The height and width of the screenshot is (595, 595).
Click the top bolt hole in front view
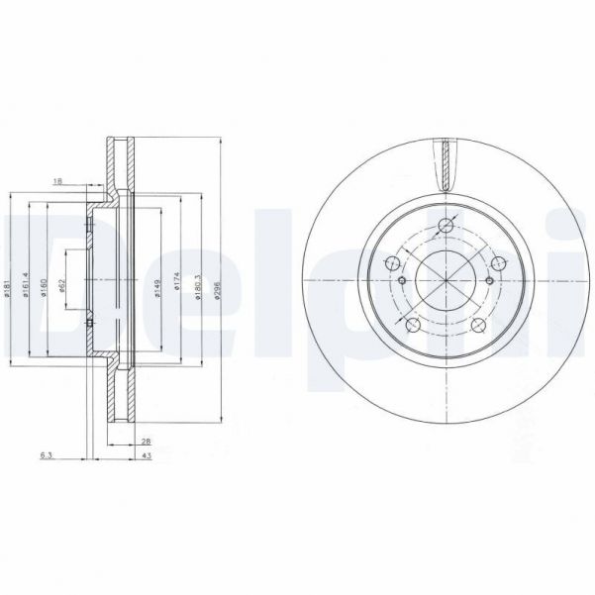tap(446, 226)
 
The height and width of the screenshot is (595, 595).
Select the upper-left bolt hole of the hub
tap(392, 263)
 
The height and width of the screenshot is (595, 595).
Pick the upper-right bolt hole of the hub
tap(500, 263)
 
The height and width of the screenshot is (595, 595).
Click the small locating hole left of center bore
tap(403, 281)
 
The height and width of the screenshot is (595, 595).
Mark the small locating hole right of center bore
tap(490, 281)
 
